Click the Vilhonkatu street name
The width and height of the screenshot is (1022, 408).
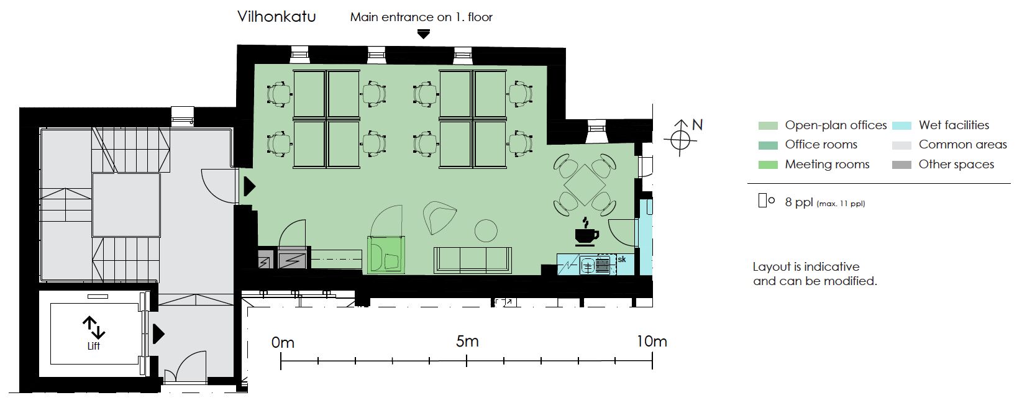(276, 17)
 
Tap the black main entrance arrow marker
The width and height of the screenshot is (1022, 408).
(424, 34)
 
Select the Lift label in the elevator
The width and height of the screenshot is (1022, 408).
(94, 346)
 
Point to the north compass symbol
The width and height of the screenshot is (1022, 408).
(680, 138)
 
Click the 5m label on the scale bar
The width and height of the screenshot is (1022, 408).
(467, 342)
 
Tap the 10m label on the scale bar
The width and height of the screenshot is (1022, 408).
(652, 342)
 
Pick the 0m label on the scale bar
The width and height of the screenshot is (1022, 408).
(283, 342)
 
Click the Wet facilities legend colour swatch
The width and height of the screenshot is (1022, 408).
(901, 125)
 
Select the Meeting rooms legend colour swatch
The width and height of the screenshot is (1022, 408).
(768, 165)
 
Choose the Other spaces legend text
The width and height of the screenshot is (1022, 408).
(956, 165)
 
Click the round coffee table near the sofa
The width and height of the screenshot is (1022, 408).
(486, 230)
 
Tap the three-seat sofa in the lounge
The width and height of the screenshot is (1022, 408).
(473, 260)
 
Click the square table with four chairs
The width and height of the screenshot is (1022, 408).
(585, 185)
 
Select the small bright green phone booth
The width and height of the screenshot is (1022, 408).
(386, 255)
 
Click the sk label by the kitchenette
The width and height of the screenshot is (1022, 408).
(622, 260)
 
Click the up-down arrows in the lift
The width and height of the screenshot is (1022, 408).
(94, 327)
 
